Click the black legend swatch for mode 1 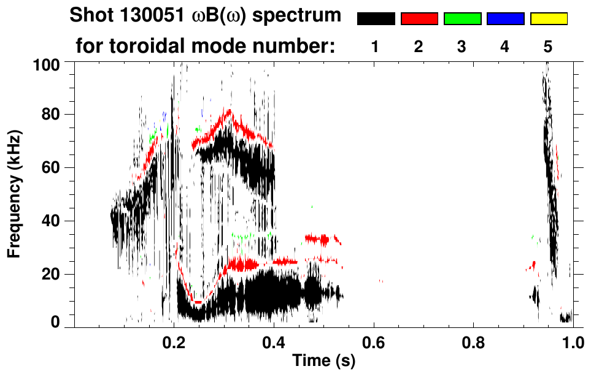pyautogui.click(x=376, y=19)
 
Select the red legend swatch pyautogui.click(x=419, y=19)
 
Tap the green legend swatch pyautogui.click(x=462, y=19)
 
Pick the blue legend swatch pyautogui.click(x=505, y=19)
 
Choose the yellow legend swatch pyautogui.click(x=548, y=19)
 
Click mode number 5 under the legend pyautogui.click(x=548, y=47)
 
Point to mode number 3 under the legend pyautogui.click(x=462, y=47)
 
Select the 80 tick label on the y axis pyautogui.click(x=52, y=115)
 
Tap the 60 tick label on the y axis pyautogui.click(x=52, y=168)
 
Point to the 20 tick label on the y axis pyautogui.click(x=52, y=274)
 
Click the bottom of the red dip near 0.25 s pyautogui.click(x=197, y=302)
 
